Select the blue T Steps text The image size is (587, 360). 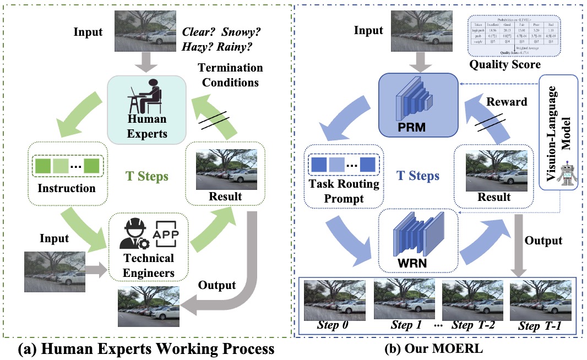click(418, 176)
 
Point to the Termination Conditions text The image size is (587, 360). click(231, 76)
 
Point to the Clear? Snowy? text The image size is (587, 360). click(221, 32)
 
